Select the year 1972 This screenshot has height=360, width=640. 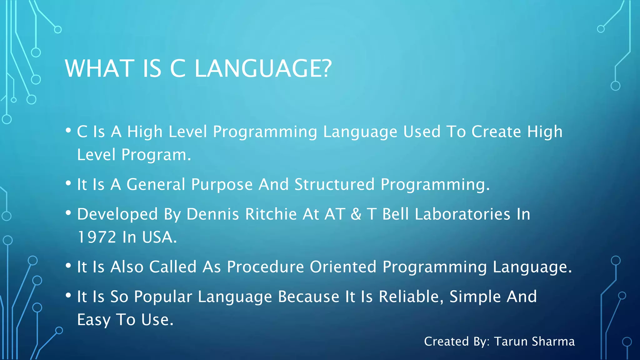point(97,237)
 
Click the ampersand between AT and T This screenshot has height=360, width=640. point(356,214)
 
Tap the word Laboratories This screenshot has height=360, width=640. point(462,214)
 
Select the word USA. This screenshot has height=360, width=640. point(159,237)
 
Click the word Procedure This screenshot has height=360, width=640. point(265,267)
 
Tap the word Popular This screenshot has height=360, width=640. point(163,297)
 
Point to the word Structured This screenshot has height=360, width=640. point(334,184)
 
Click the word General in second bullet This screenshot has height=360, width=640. point(156,184)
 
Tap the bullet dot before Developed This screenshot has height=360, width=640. point(68,213)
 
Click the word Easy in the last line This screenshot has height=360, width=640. point(94,320)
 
